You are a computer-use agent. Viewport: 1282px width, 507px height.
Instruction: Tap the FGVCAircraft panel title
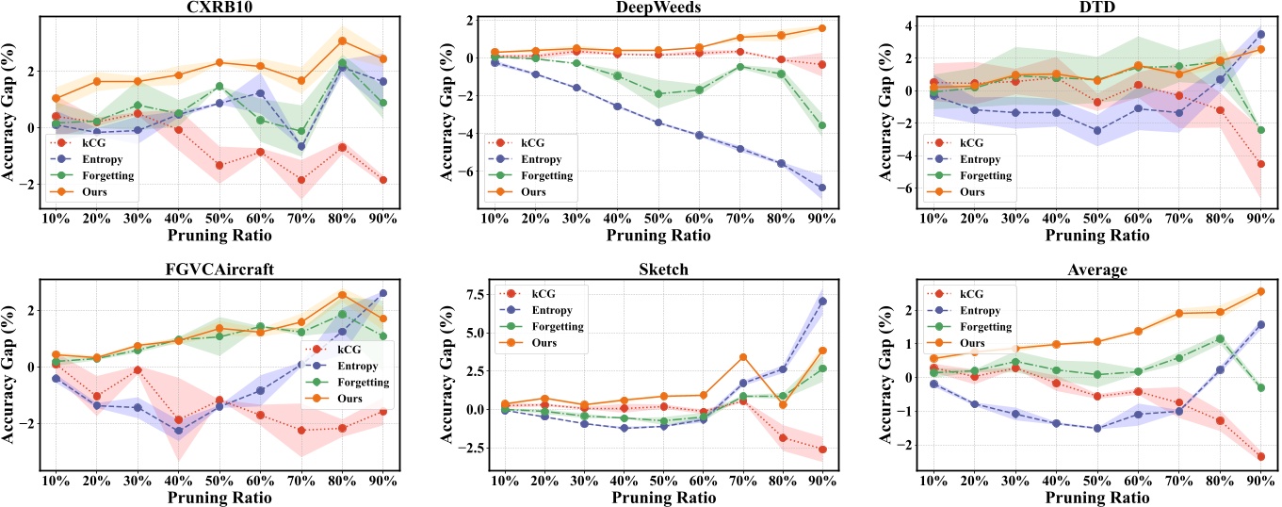pos(219,269)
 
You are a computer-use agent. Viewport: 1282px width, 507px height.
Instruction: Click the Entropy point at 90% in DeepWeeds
pos(821,188)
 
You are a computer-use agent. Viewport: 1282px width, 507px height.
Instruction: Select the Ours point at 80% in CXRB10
pos(343,41)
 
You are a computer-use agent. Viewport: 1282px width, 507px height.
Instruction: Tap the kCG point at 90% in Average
pos(1260,457)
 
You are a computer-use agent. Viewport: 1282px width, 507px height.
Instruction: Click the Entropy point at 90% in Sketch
pos(821,302)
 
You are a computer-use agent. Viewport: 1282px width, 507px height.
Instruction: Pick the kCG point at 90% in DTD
pos(1260,164)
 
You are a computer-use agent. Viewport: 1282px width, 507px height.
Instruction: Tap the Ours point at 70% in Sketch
pos(743,357)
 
